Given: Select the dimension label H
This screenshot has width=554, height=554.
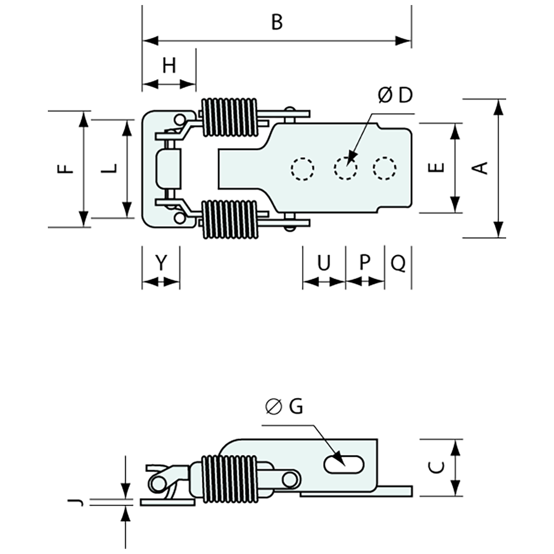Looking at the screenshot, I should click(170, 65).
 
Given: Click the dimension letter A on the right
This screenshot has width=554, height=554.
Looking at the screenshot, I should click(482, 167).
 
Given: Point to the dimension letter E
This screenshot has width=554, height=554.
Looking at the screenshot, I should click(439, 167).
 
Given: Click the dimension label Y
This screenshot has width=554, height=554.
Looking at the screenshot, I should click(160, 262).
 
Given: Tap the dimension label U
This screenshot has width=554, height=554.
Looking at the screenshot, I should click(324, 262).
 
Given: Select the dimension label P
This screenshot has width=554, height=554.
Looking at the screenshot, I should click(365, 262).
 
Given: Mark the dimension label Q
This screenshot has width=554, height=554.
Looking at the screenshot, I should click(398, 262).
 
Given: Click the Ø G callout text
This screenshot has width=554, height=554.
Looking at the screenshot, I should click(285, 406).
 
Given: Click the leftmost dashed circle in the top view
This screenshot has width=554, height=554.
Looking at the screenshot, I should click(303, 169).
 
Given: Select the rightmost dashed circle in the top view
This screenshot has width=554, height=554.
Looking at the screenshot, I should click(385, 169).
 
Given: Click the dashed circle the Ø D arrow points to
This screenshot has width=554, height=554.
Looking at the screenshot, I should click(344, 169).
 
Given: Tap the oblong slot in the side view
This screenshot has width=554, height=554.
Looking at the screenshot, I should click(345, 464).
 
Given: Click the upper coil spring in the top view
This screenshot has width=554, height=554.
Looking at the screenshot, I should click(229, 117).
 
